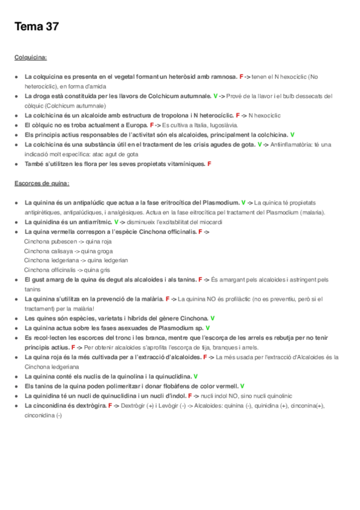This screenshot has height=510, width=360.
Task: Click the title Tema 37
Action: pos(36,27)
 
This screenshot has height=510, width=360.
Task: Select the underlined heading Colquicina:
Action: pos(31,58)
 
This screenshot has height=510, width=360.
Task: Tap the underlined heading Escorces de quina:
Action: pos(41,183)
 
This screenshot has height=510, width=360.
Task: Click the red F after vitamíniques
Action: pos(209,164)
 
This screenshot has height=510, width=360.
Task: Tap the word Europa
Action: pos(136,125)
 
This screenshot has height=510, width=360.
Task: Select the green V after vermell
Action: pos(242,386)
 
